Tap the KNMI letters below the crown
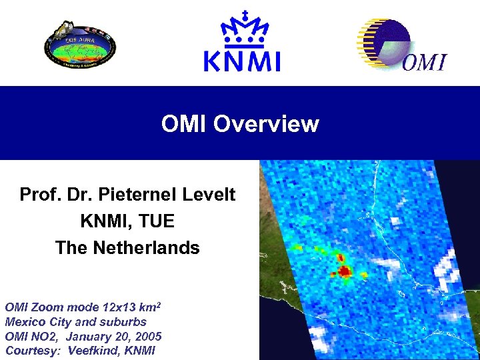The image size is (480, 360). point(241,61)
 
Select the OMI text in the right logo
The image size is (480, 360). point(425,63)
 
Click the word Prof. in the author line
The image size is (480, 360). point(39,195)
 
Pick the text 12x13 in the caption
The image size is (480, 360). point(120,308)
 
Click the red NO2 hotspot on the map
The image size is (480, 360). point(345,271)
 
